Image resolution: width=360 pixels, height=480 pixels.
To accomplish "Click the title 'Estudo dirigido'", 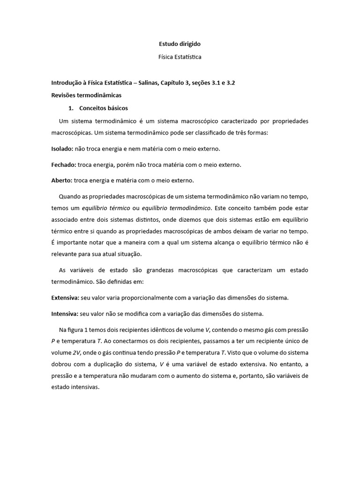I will (x=180, y=44).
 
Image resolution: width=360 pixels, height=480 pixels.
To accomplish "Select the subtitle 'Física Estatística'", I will (x=180, y=57).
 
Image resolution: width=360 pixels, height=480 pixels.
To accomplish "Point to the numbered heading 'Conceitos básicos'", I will (x=104, y=108).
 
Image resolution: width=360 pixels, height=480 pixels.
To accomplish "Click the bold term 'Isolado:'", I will (x=62, y=149).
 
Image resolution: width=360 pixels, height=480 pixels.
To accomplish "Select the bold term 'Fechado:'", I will (x=63, y=165).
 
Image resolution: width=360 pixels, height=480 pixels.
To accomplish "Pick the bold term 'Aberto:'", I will (x=61, y=180).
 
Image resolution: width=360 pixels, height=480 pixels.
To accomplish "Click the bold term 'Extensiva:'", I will (x=65, y=298).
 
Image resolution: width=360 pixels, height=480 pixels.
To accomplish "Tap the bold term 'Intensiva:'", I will (x=65, y=313).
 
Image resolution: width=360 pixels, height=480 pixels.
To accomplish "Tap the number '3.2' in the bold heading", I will (x=230, y=83).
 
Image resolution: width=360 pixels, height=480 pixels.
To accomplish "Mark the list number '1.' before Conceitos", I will (x=71, y=108).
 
